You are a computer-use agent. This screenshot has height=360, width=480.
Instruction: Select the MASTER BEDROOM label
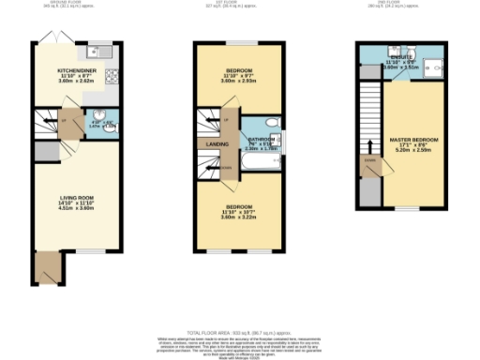click(413, 141)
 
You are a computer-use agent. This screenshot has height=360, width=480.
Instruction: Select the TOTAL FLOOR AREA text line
click(240, 333)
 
